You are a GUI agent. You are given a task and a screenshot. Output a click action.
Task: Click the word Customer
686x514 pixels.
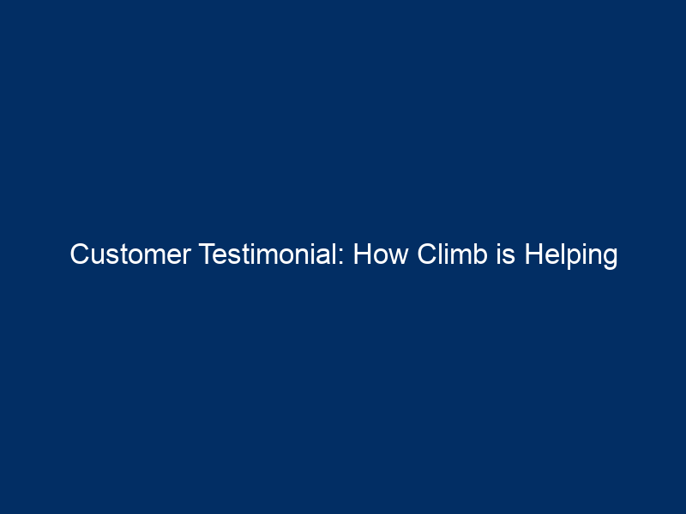[130, 254]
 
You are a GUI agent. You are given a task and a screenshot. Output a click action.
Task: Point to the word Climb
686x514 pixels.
[453, 254]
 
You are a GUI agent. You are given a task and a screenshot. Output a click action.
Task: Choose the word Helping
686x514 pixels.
[571, 256]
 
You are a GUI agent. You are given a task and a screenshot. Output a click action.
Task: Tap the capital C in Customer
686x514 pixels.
[79, 254]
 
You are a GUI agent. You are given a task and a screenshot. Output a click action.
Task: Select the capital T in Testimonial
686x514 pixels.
[208, 254]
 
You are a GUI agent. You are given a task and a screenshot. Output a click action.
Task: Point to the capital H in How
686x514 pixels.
[362, 254]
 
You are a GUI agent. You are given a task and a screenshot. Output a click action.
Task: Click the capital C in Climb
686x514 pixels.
[426, 254]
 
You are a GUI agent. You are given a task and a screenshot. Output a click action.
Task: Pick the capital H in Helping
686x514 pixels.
[533, 254]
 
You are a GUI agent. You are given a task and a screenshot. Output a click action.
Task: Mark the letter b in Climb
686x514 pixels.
[481, 254]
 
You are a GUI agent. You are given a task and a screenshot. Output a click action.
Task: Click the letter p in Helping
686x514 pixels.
[570, 260]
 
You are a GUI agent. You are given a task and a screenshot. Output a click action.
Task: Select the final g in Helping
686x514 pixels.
[611, 260]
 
